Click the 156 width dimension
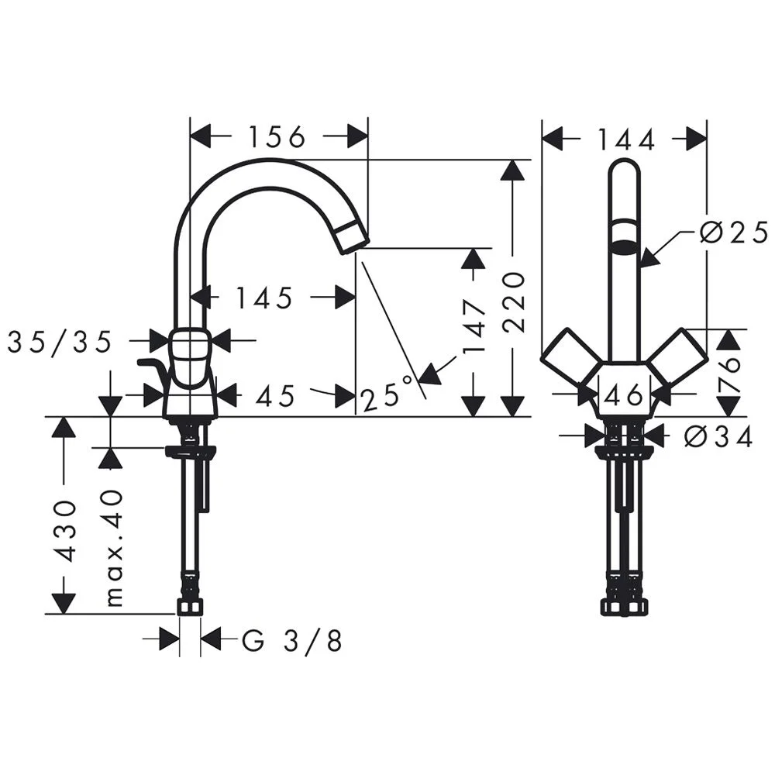pos(277,137)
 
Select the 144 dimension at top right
pos(626,139)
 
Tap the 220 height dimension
pos(512,301)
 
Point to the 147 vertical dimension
pos(474,328)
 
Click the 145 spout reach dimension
pos(264,298)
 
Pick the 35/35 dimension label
pos(60,342)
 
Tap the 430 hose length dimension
pos(64,532)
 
